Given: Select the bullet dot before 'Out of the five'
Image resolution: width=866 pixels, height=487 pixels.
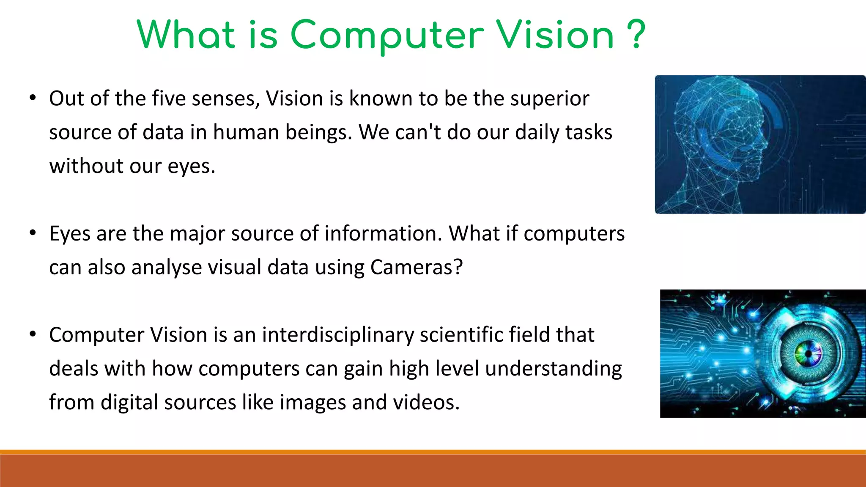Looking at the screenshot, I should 33,98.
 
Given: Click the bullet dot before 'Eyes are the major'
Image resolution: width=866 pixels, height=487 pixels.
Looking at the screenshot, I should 33,233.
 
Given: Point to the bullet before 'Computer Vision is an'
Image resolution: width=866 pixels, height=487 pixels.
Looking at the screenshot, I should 33,334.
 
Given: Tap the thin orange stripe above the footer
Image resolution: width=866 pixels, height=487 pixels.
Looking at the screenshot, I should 433,452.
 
